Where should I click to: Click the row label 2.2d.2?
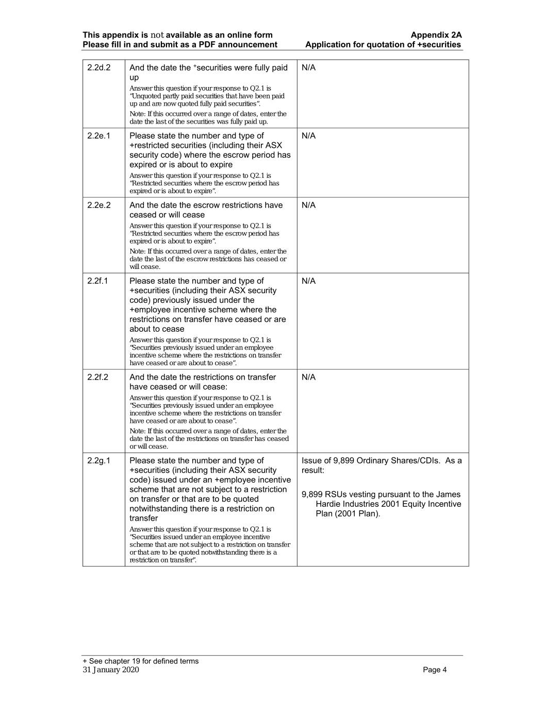pyautogui.click(x=98, y=67)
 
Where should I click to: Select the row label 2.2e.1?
pyautogui.click(x=98, y=136)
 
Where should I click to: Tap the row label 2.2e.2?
pyautogui.click(x=98, y=205)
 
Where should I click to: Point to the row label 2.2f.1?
pyautogui.click(x=97, y=281)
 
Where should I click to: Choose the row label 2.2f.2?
pyautogui.click(x=97, y=377)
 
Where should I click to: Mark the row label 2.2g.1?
pyautogui.click(x=98, y=460)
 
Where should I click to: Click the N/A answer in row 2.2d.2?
pyautogui.click(x=308, y=67)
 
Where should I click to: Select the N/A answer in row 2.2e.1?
pyautogui.click(x=308, y=136)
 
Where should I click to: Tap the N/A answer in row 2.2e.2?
pyautogui.click(x=308, y=205)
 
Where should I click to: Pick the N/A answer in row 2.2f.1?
pyautogui.click(x=308, y=281)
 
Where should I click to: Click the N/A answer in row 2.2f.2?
pyautogui.click(x=308, y=377)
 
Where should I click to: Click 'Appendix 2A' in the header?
pyautogui.click(x=436, y=35)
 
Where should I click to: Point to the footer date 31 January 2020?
pyautogui.click(x=111, y=670)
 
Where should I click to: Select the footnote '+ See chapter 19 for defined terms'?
pyautogui.click(x=140, y=661)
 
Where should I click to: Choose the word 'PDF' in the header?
pyautogui.click(x=208, y=44)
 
